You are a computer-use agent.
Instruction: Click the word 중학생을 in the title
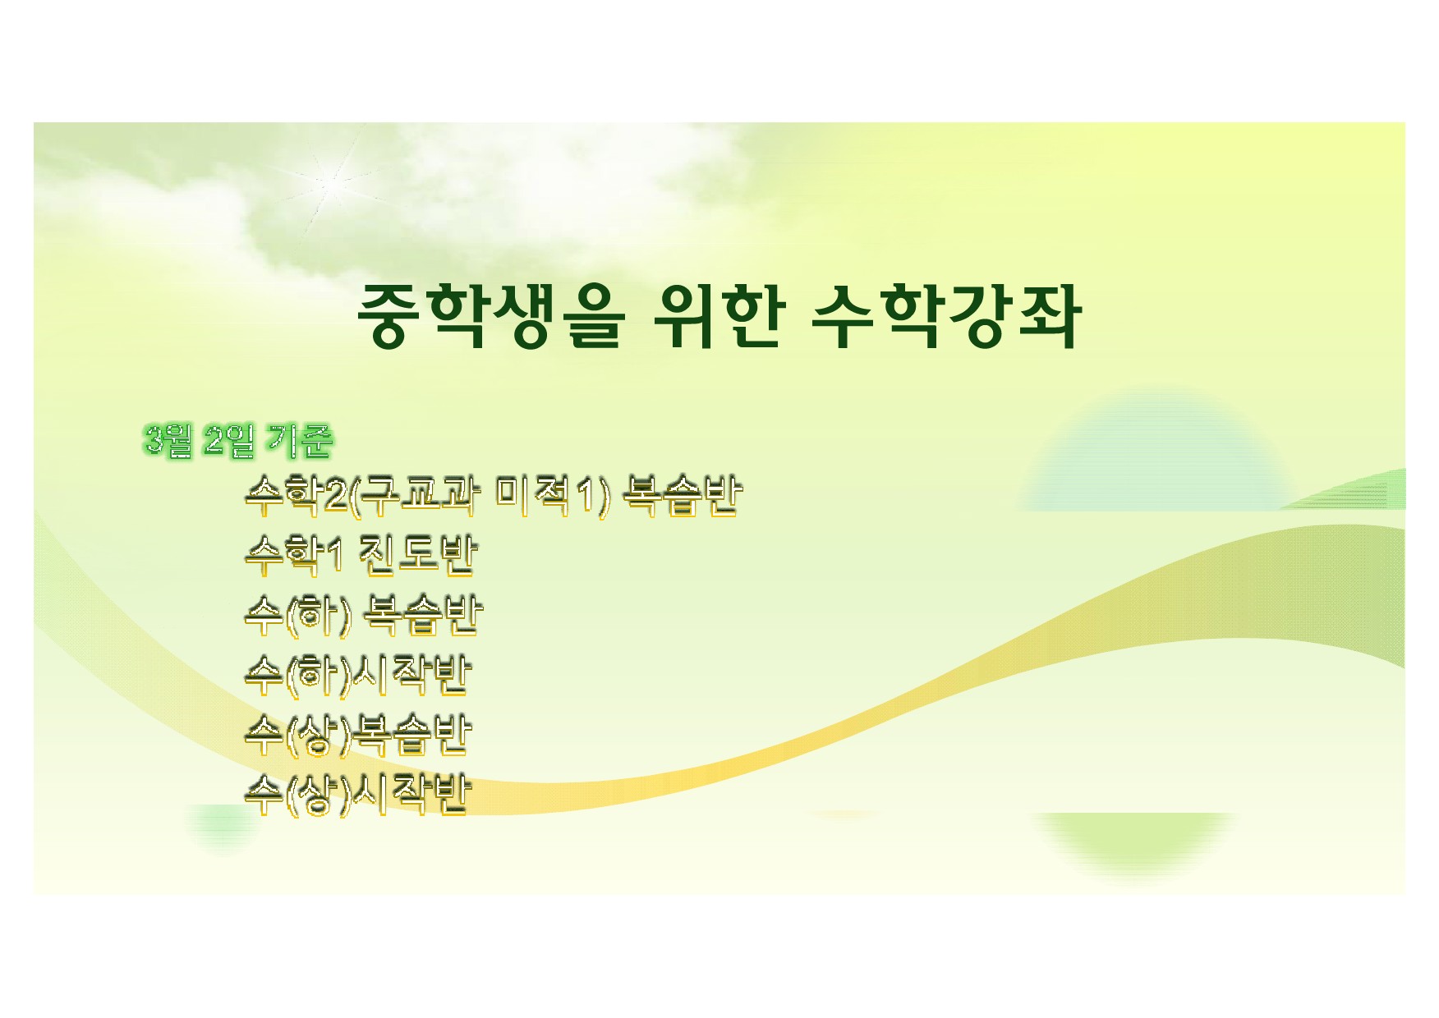tap(491, 316)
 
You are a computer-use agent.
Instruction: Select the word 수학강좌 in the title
tap(946, 316)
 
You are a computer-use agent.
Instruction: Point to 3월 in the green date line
tap(168, 441)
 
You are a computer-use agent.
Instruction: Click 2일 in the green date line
tap(229, 441)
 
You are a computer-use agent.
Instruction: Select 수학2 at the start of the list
tap(297, 496)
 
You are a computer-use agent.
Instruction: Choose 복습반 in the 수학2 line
tap(683, 496)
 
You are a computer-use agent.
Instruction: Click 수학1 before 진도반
tap(293, 555)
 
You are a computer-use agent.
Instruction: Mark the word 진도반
tap(417, 555)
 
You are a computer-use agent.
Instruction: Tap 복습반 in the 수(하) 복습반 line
tap(422, 615)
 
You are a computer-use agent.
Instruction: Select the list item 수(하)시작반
tap(358, 675)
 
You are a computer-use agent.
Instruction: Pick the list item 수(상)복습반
tap(358, 735)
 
